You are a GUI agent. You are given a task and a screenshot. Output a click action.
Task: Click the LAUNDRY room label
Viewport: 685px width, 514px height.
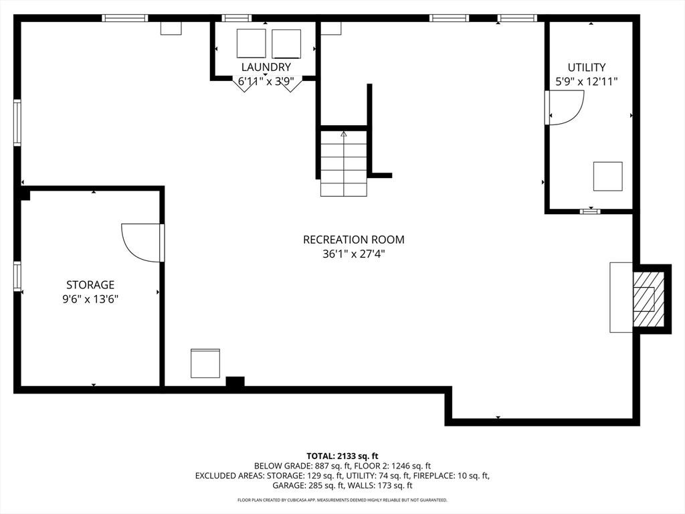266,67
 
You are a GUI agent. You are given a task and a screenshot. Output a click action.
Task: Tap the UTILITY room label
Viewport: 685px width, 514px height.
587,67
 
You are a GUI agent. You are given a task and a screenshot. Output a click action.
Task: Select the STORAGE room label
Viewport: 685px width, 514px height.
90,284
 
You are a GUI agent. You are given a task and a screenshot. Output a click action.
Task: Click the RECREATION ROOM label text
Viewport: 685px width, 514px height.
353,240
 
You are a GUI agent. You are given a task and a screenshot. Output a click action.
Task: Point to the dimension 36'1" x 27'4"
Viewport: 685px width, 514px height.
353,254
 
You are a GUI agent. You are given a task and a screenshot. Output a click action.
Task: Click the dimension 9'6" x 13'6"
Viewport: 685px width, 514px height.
90,299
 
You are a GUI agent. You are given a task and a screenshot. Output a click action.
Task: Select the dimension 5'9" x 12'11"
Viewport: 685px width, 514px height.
587,82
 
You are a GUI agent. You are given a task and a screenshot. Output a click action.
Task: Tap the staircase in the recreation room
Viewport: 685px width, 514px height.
344,163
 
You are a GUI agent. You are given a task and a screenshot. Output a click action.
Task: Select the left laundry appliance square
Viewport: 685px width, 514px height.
252,44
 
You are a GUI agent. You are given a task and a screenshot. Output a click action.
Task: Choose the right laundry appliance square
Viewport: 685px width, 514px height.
286,44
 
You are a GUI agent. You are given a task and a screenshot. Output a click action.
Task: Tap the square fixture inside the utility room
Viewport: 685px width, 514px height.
607,176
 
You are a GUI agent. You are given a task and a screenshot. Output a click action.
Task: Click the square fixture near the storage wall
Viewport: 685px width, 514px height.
205,363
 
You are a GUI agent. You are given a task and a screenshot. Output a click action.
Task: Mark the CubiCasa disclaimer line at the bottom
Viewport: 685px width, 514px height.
342,500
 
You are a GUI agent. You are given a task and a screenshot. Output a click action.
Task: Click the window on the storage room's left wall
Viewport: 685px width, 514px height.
17,276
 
